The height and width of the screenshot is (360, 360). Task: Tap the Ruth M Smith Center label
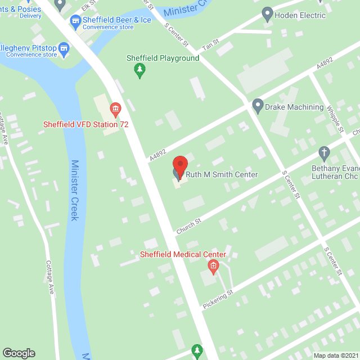222,175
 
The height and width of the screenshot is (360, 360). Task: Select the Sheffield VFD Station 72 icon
116,107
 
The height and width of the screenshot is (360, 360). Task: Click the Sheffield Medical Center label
183,254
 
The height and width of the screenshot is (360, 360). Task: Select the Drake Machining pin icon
258,105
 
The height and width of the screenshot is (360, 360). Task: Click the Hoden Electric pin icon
268,14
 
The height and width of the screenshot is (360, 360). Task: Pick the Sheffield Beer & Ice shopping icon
75,21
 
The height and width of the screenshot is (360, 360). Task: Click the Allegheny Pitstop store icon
64,49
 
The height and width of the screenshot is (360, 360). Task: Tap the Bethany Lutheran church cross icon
323,152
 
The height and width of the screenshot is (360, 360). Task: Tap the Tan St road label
210,43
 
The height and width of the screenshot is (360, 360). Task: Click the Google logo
19,353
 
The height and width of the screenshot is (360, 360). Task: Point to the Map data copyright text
335,355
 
